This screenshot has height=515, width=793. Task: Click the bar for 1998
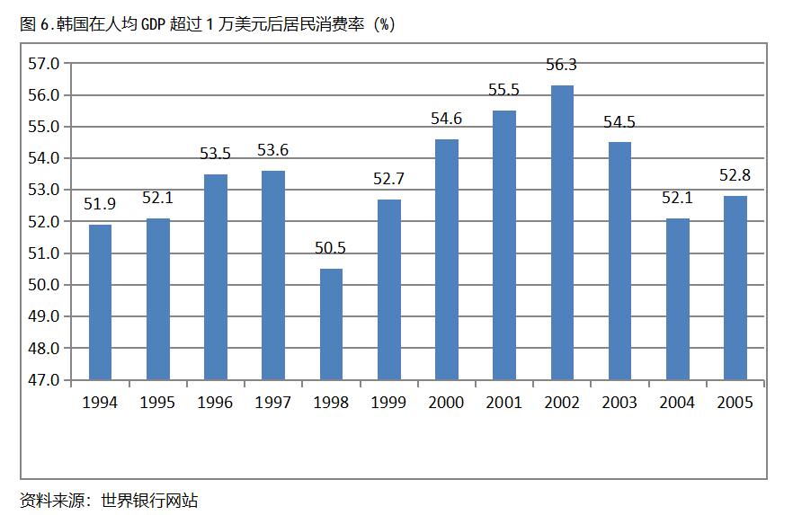pos(331,324)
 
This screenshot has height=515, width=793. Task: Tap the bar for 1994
pos(101,302)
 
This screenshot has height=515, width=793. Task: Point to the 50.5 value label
pos(331,248)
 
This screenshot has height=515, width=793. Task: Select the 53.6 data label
pos(273,150)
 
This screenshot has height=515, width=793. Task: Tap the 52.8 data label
pos(735,175)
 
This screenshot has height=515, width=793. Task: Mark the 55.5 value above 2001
pos(504,90)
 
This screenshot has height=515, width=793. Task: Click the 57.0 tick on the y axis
pos(43,64)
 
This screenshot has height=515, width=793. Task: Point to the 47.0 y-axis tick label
pos(43,380)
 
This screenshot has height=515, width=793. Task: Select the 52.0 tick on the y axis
pos(43,222)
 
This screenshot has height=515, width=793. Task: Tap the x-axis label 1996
pos(215,403)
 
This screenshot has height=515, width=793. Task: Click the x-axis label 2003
pos(619,403)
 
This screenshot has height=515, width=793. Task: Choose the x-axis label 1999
pos(388,403)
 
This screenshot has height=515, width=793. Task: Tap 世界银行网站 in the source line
pos(149,501)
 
